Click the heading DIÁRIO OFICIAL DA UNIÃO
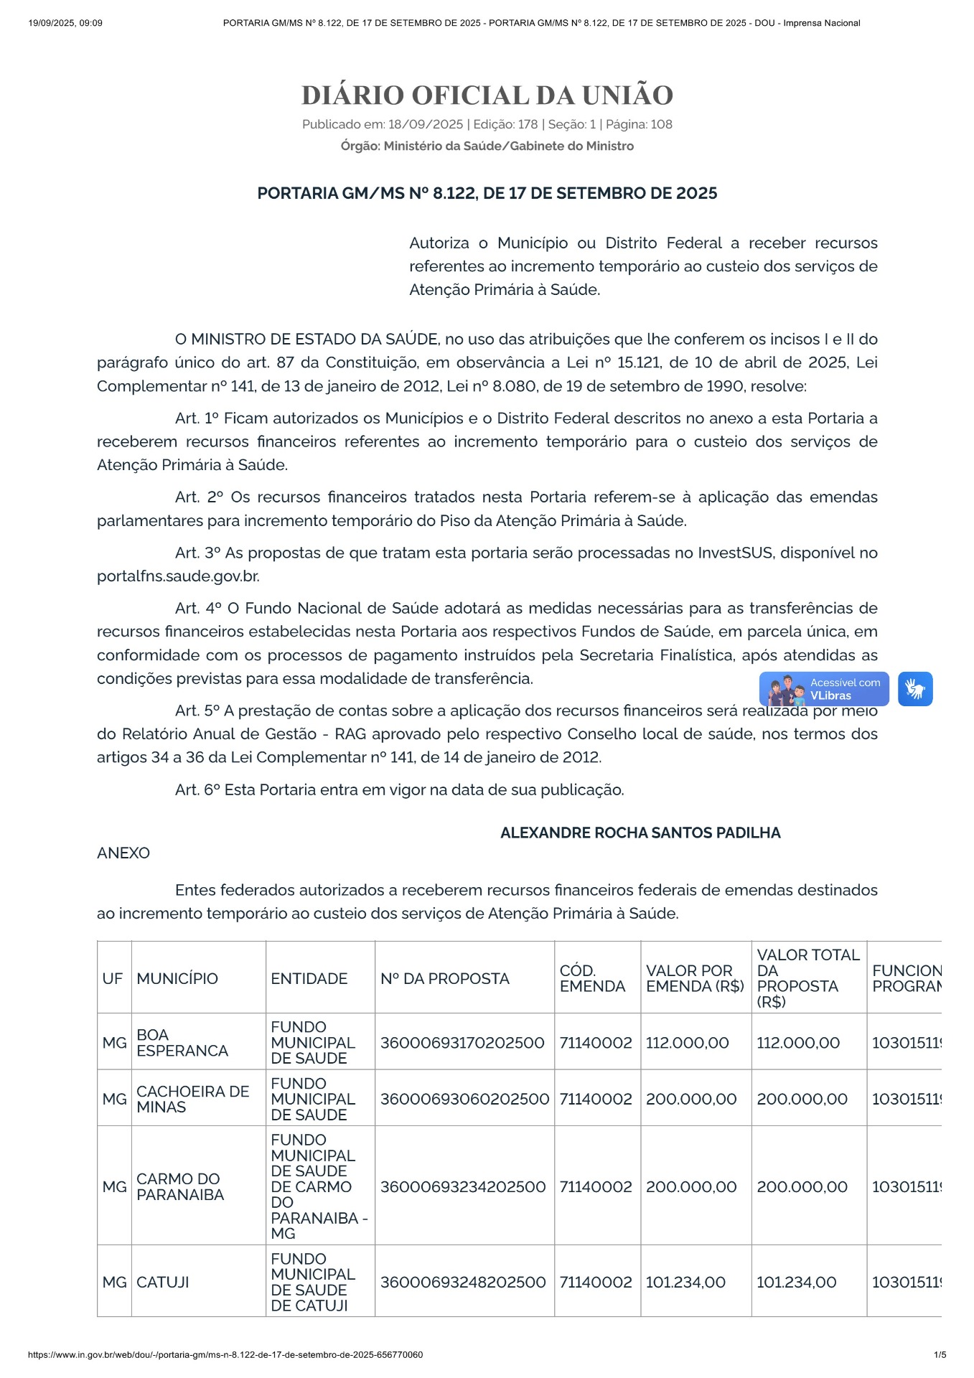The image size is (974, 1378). pyautogui.click(x=487, y=95)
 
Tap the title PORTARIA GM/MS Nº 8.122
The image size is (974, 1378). pyautogui.click(x=487, y=193)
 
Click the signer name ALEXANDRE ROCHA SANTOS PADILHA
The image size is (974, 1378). pyautogui.click(x=640, y=833)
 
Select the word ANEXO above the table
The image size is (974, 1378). pyautogui.click(x=123, y=853)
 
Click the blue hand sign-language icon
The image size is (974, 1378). pyautogui.click(x=914, y=689)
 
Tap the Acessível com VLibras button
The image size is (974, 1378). pyautogui.click(x=824, y=689)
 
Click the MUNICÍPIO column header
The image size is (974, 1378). pyautogui.click(x=177, y=978)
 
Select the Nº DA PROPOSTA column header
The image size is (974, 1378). pyautogui.click(x=445, y=978)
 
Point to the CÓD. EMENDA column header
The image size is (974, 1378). pyautogui.click(x=592, y=978)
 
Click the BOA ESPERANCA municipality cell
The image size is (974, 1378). pyautogui.click(x=182, y=1043)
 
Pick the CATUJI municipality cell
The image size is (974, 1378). pyautogui.click(x=163, y=1282)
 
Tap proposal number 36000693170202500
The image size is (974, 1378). pyautogui.click(x=462, y=1043)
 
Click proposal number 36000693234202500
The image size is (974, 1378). pyautogui.click(x=463, y=1186)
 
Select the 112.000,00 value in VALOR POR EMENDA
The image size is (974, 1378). pyautogui.click(x=687, y=1043)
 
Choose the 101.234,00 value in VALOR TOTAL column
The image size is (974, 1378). pyautogui.click(x=796, y=1282)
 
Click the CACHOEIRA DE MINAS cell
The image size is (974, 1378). pyautogui.click(x=192, y=1099)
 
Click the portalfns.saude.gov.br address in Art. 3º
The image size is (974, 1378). pyautogui.click(x=178, y=576)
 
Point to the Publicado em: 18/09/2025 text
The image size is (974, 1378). pyautogui.click(x=382, y=124)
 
